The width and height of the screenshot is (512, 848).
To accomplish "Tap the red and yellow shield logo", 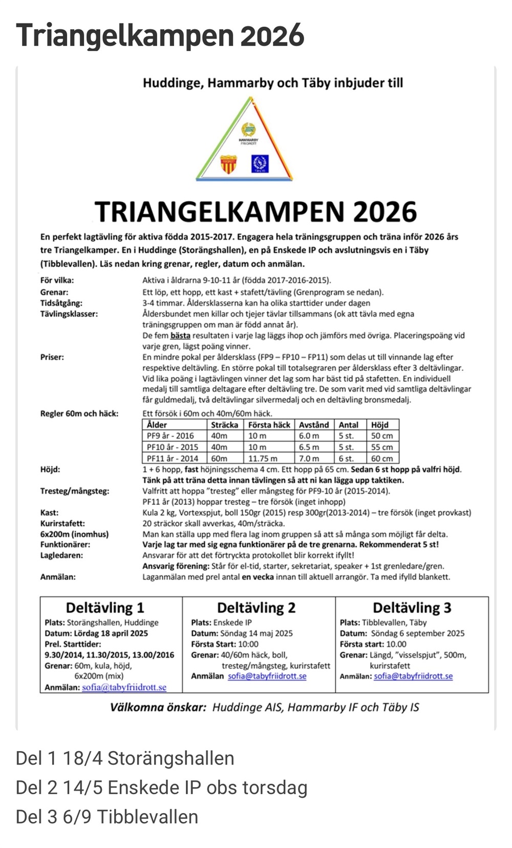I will tap(228, 164).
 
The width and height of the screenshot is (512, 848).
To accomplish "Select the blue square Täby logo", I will tap(260, 164).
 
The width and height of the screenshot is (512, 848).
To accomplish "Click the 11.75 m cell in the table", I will tap(263, 458).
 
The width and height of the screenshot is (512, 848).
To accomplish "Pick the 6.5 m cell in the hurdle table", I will tap(309, 447).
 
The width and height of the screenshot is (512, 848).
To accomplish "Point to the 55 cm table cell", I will tap(382, 447).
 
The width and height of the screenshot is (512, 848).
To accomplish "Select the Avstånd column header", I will tap(314, 425).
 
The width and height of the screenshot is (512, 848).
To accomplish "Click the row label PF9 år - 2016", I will tap(170, 436).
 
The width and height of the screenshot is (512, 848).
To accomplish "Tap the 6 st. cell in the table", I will tap(346, 458).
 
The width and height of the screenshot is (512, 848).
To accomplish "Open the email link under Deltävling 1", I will tap(124, 687).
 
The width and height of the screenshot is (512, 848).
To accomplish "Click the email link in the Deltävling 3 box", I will tap(413, 676).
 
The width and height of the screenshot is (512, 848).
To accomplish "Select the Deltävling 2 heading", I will tap(256, 608).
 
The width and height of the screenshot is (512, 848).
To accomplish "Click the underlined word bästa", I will tap(180, 336).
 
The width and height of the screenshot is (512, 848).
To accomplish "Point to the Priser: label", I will tap(52, 357).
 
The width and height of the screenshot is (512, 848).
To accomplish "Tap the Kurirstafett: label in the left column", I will tap(62, 523).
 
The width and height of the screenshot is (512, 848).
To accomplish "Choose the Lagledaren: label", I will tap(61, 555).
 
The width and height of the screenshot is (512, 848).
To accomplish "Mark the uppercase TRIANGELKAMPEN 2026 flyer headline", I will tap(256, 211).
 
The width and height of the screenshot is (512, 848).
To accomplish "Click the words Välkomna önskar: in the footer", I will tap(158, 707).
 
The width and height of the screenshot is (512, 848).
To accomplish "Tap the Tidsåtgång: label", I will tap(61, 303).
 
